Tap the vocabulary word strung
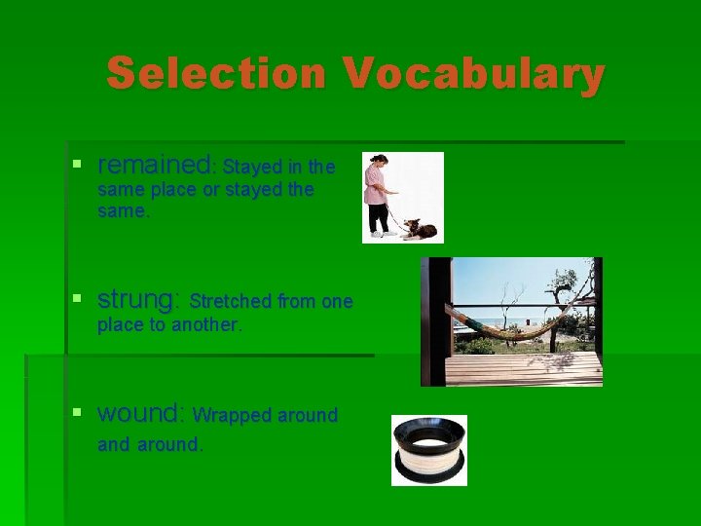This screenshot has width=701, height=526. (x=138, y=298)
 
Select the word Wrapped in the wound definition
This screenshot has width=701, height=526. (x=233, y=415)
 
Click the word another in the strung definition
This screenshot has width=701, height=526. (x=204, y=325)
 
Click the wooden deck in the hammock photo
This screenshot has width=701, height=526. (x=526, y=368)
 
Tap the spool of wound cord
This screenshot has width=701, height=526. (x=428, y=450)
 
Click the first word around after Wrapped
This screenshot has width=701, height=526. (x=305, y=415)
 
